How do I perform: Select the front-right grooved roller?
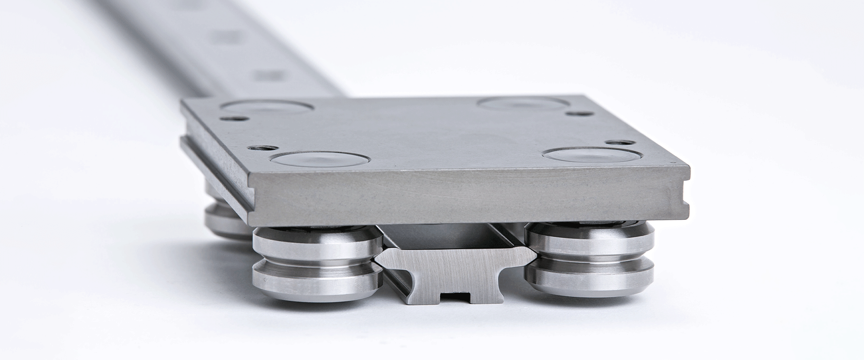tap(589, 260)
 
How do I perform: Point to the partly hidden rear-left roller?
tap(226, 216)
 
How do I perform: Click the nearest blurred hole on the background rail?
tap(267, 75)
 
